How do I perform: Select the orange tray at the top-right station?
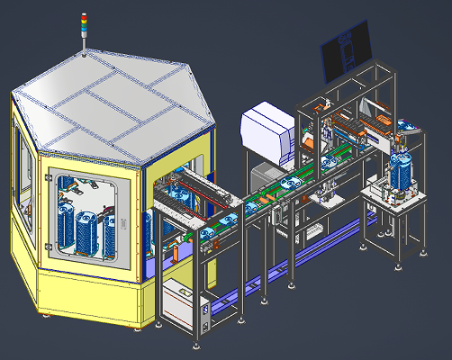coord(375,121)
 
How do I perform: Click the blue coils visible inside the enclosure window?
coord(86,229)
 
